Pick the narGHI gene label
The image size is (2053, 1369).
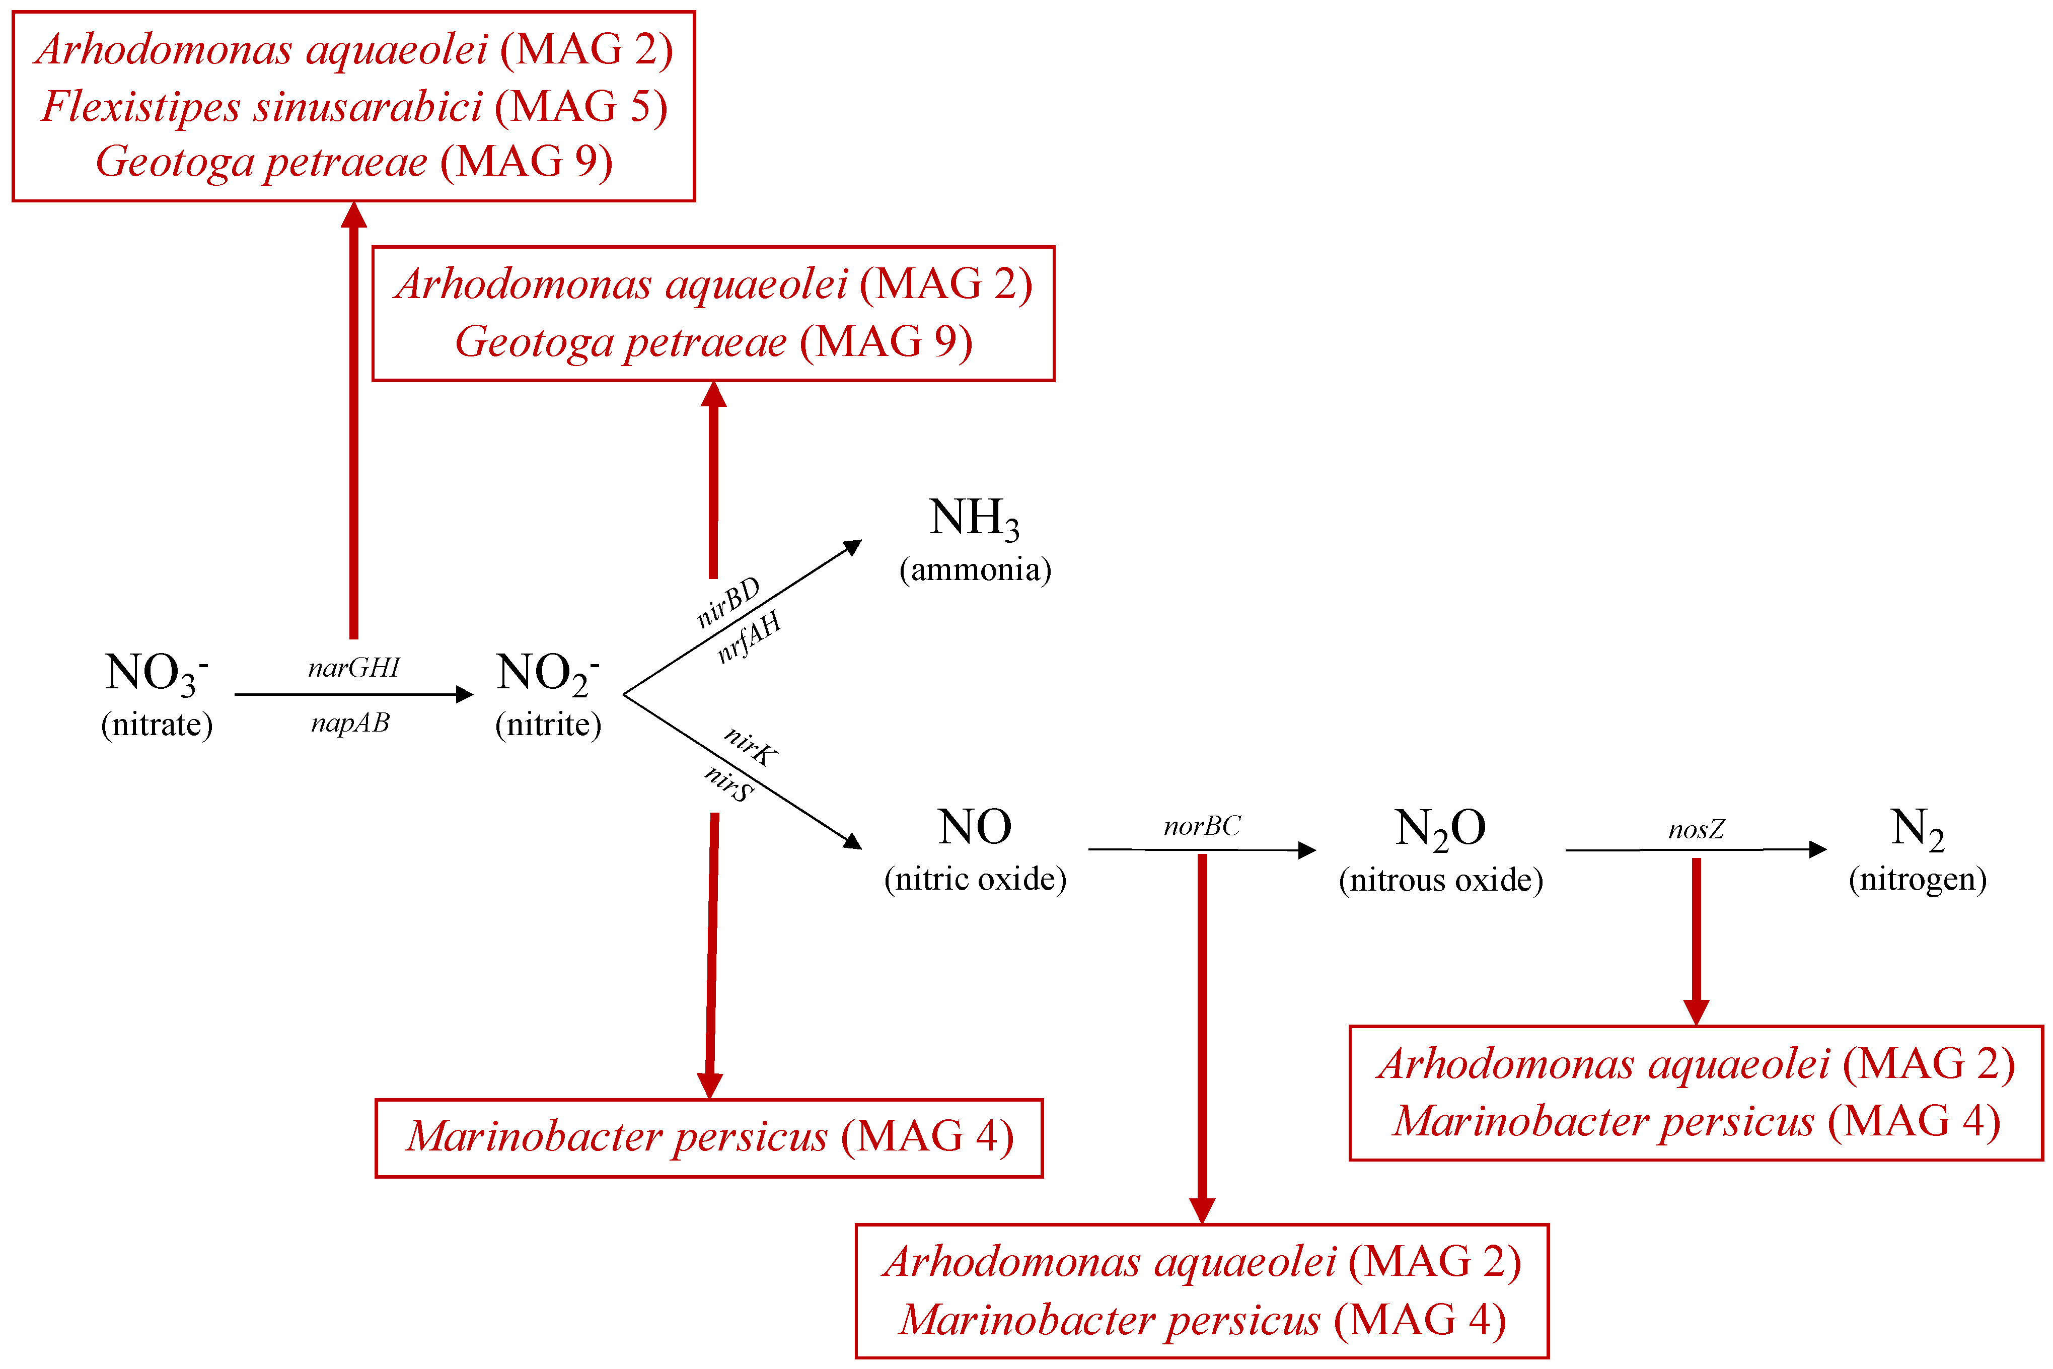tap(353, 668)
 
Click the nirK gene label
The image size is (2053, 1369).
tap(751, 747)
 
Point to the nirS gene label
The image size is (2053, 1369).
tap(729, 783)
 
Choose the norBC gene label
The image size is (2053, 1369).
tap(1202, 826)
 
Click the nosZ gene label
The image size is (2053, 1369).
tap(1696, 829)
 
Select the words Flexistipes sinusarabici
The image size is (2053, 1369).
tap(262, 107)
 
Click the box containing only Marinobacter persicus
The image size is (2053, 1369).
tap(709, 1137)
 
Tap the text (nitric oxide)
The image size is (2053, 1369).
tap(975, 879)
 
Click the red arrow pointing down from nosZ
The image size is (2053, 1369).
tap(1696, 943)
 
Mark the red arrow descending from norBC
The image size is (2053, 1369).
tap(1202, 1039)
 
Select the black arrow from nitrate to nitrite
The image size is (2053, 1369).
tap(353, 695)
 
